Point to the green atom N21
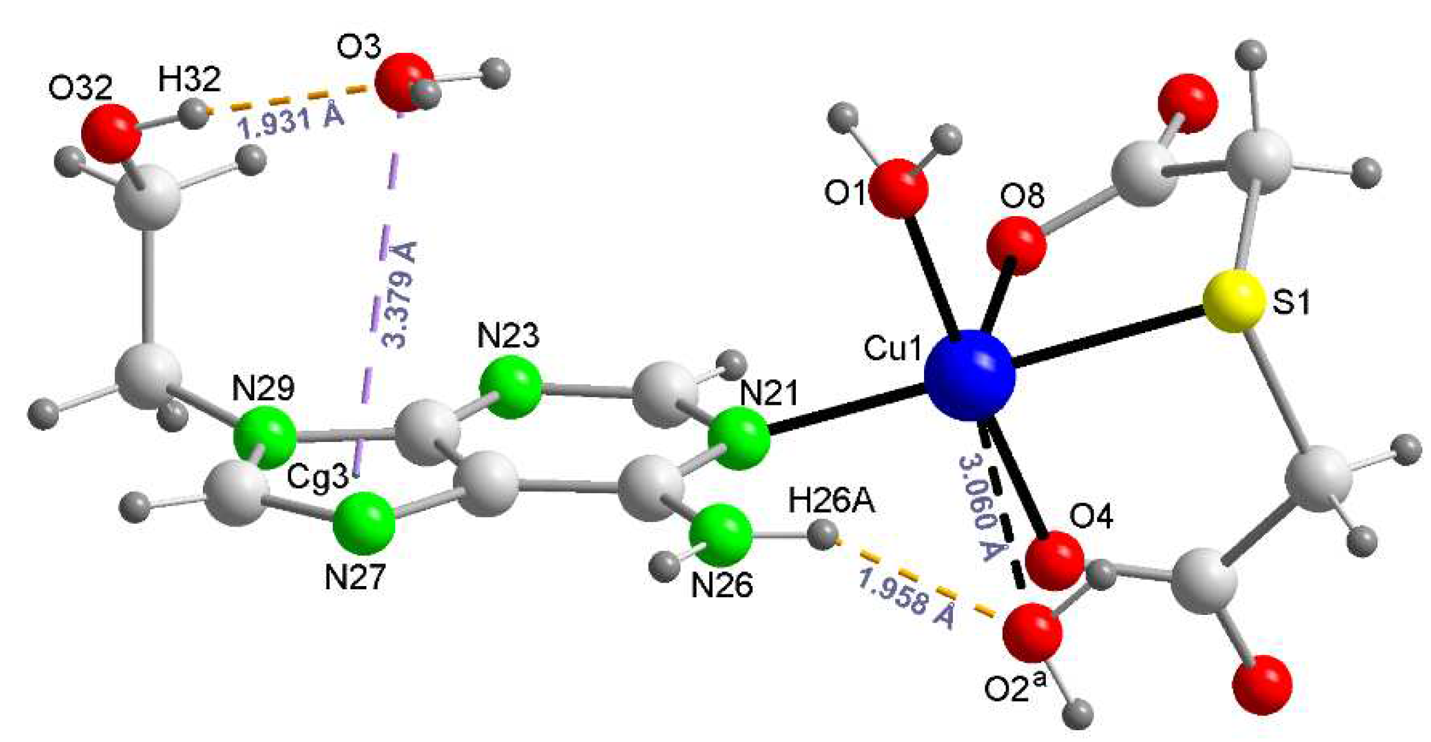point(738,440)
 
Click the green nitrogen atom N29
point(264,438)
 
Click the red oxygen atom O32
point(111,134)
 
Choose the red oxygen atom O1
point(898,189)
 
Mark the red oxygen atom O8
point(1016,245)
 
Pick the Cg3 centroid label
point(318,477)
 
